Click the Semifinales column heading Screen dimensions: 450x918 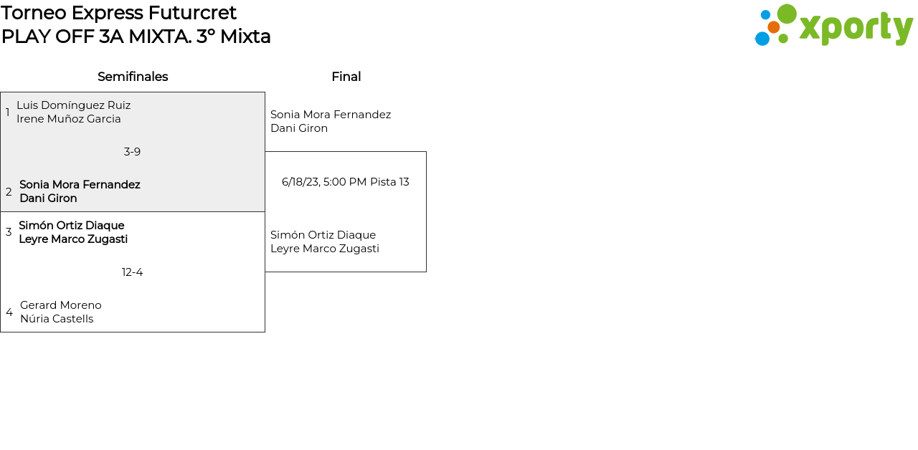click(133, 77)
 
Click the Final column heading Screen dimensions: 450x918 click(346, 77)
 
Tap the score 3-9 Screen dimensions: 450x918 click(132, 152)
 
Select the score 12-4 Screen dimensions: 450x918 click(132, 272)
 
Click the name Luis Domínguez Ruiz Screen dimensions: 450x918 click(73, 105)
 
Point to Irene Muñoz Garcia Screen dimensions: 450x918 click(69, 119)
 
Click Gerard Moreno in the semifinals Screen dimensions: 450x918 click(61, 305)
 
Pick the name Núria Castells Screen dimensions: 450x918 click(57, 319)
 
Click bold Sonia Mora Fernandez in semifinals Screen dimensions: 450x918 click(80, 185)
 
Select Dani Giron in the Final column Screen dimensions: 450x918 click(299, 128)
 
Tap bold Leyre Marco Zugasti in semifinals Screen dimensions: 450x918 click(73, 239)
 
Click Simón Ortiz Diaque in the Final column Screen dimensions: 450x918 click(323, 235)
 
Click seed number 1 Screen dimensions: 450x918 click(8, 112)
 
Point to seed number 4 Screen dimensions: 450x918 click(9, 312)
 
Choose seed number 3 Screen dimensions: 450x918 click(9, 232)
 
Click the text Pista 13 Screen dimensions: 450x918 click(389, 182)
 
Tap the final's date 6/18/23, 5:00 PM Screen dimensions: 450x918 click(324, 182)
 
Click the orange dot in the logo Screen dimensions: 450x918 click(773, 27)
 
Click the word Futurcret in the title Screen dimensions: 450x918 click(192, 13)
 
